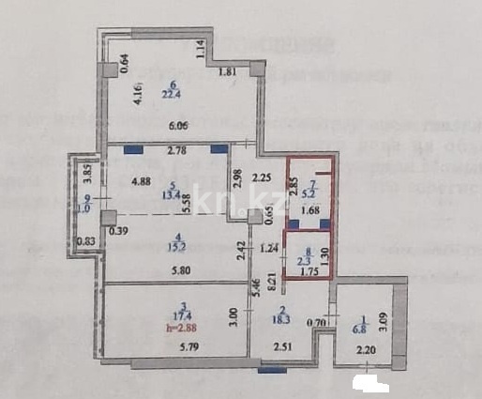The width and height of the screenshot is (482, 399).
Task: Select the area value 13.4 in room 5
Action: [x=171, y=198]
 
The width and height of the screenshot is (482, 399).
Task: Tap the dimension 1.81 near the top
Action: [x=227, y=73]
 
